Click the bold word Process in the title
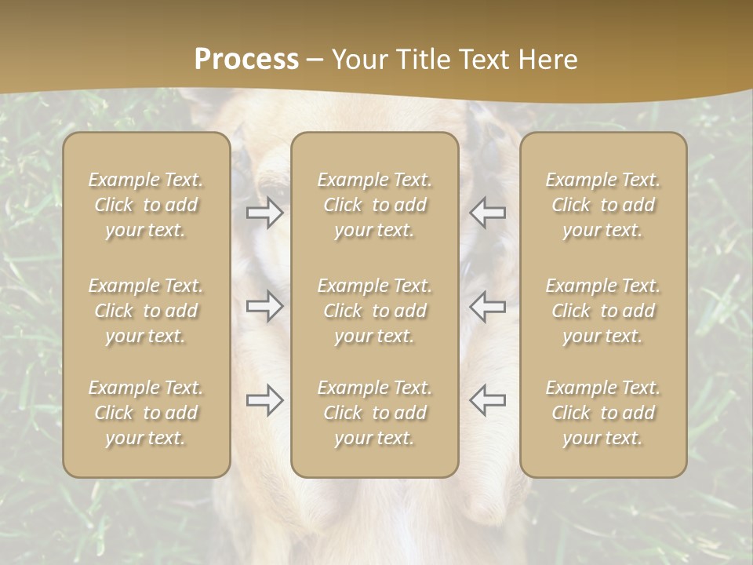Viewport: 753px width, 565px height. tap(246, 60)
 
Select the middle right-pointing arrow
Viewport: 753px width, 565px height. tap(265, 306)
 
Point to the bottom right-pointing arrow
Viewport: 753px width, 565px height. tap(265, 400)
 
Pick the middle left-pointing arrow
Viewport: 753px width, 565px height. tap(487, 306)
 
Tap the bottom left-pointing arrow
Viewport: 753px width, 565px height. tap(487, 400)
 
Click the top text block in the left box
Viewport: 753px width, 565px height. tap(146, 205)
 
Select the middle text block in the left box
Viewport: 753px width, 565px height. tap(146, 311)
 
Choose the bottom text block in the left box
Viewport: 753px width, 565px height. tap(146, 413)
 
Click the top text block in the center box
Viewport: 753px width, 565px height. tap(375, 205)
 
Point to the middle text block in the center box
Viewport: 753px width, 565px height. tap(375, 311)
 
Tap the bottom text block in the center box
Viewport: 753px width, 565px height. tap(375, 413)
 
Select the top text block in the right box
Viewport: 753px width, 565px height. tap(603, 205)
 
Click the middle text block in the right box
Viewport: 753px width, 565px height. tap(603, 311)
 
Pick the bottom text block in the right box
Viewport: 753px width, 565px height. tap(603, 413)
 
